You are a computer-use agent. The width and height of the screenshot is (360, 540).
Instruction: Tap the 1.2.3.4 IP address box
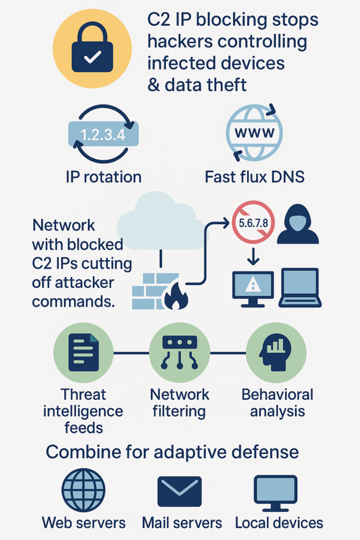pos(103,134)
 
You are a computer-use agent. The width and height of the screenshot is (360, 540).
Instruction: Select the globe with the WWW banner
pos(254,132)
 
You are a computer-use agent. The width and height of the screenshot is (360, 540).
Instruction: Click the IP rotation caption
pos(104,177)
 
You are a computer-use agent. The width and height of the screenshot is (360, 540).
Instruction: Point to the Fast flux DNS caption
pos(255,177)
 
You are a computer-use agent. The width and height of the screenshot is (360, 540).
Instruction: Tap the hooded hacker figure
pos(297,224)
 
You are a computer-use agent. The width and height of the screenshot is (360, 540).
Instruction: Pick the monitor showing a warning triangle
pos(253,287)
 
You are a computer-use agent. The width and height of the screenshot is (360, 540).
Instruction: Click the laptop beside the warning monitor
pos(300,288)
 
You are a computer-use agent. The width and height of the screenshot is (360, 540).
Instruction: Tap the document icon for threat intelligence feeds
pos(84,353)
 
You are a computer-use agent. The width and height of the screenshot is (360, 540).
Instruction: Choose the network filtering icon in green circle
pos(179,353)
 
